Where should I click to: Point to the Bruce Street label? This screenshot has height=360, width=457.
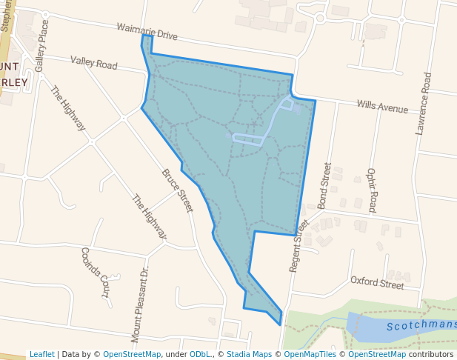coord(178,190)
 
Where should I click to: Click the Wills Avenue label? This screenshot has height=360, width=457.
coord(382,107)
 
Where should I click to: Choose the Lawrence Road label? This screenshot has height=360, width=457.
coord(424,103)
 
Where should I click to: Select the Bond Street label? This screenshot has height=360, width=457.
coord(324,185)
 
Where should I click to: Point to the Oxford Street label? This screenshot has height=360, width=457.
coord(377,282)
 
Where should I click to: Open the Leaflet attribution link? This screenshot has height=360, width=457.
coord(41,354)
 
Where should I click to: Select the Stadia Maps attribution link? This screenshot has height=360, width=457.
coord(249,354)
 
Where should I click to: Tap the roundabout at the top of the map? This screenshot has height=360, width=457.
coord(319,18)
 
